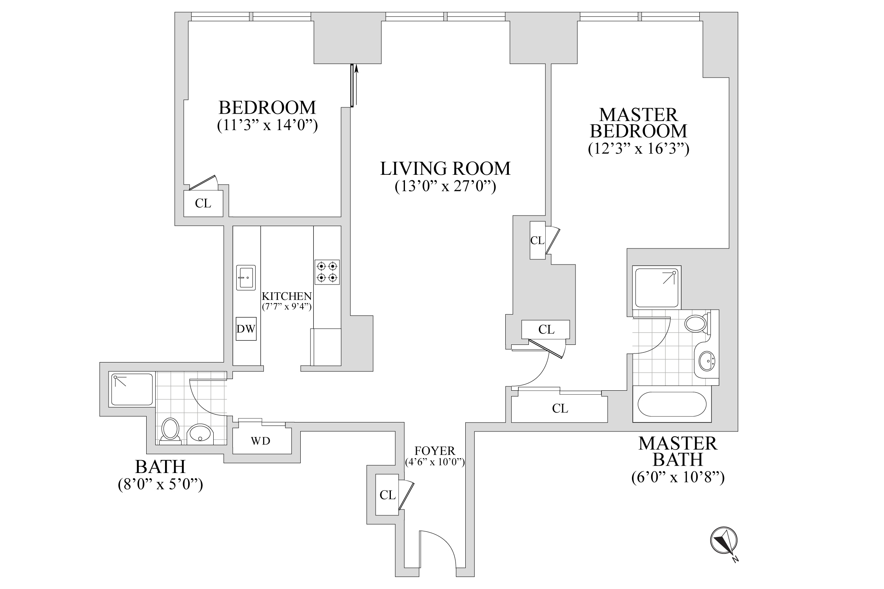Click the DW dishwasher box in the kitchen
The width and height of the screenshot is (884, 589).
point(246,329)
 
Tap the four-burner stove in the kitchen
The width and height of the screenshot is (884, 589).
point(327,272)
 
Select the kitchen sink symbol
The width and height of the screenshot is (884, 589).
point(246,277)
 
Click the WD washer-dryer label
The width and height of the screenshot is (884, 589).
point(261,441)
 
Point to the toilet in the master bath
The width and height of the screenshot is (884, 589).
point(696,324)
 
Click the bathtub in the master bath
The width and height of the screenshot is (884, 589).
point(672,404)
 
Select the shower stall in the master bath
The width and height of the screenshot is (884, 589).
point(657,286)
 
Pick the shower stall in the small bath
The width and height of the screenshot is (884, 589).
point(132,390)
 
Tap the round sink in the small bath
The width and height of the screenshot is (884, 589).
point(201,434)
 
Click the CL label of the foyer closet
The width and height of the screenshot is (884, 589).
point(387,495)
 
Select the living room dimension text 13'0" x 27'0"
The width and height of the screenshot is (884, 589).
point(445,186)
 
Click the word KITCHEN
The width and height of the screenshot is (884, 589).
point(287,296)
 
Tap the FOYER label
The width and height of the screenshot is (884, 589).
point(435,451)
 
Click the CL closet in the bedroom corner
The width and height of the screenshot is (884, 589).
point(203,203)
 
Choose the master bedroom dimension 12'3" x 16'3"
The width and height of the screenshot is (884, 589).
point(639,149)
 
